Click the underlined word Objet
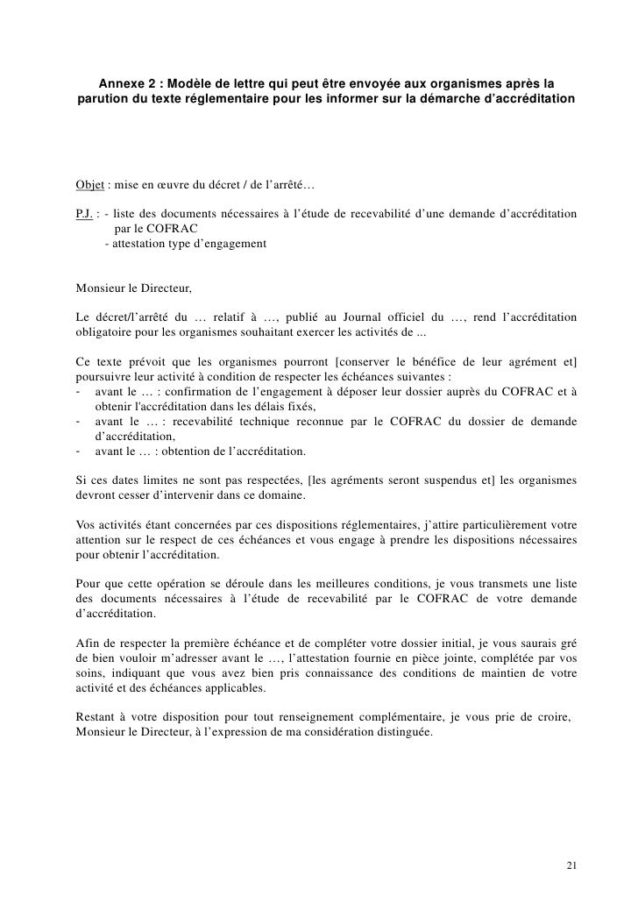tap(89, 186)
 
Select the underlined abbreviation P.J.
tap(85, 214)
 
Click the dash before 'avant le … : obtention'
tap(80, 451)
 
